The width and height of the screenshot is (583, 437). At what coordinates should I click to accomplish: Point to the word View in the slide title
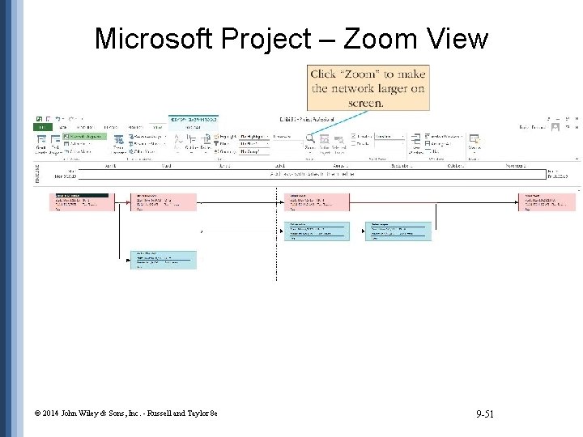pos(457,38)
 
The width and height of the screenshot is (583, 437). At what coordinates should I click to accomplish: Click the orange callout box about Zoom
pos(368,88)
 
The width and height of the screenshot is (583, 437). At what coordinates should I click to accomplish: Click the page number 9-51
pos(485,414)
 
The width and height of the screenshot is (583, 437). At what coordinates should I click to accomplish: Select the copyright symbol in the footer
pos(37,414)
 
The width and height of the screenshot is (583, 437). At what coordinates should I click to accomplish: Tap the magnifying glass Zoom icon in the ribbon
pos(309,139)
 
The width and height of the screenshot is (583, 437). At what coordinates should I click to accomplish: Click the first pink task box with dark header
pos(81,202)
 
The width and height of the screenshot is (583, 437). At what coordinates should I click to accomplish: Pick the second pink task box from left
pos(165,202)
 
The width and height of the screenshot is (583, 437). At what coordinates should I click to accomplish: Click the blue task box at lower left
pos(165,259)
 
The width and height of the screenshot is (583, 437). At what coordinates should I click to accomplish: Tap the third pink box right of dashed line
pos(317,202)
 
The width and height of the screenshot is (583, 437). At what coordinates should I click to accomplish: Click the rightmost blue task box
pos(398,231)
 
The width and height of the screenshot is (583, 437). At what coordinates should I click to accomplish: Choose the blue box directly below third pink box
pos(317,231)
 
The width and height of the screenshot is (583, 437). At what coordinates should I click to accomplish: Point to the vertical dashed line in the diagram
pos(276,243)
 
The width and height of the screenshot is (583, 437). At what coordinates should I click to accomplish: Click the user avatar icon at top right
pos(555,127)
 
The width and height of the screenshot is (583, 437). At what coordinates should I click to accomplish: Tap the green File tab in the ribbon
pos(40,127)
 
